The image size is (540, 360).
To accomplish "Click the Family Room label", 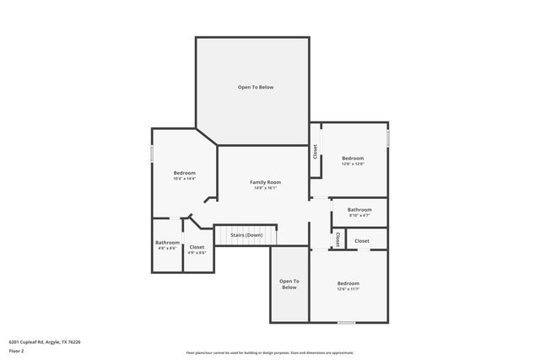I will [265, 182].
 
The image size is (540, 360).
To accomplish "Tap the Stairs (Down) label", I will [246, 234].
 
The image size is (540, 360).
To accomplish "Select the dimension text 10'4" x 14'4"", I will [184, 179].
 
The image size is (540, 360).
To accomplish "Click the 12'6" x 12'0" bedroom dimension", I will [353, 164].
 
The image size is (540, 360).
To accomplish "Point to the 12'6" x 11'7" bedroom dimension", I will [348, 289].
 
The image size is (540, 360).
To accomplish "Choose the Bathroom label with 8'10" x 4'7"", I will [359, 209].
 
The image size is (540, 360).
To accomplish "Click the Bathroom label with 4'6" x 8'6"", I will [167, 243].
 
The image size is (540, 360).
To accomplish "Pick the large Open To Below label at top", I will [255, 87].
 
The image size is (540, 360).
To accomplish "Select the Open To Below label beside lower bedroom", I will [289, 284].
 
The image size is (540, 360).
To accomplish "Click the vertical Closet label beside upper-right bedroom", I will [315, 152].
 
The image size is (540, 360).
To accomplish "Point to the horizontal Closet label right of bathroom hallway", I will [361, 241].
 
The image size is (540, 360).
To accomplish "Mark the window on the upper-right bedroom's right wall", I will [388, 136].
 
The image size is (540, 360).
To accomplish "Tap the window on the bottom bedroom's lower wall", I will [346, 322].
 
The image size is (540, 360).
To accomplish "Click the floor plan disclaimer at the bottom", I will [269, 352].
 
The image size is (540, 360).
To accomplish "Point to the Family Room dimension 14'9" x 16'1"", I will [265, 188].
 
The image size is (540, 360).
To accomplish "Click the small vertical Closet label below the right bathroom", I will [337, 239].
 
